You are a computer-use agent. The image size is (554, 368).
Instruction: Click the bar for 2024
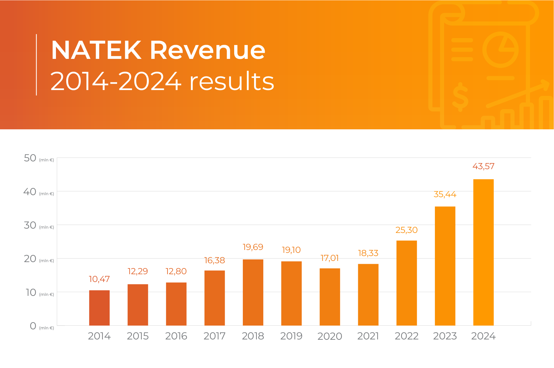[483, 252]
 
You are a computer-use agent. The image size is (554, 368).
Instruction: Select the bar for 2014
[99, 308]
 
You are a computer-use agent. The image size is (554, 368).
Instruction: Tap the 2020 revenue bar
[330, 297]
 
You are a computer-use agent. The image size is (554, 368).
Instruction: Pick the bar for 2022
[406, 283]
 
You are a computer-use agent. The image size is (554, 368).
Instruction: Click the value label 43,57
[483, 166]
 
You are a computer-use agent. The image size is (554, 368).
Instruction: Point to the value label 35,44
[445, 194]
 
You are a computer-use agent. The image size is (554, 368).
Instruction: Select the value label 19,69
[253, 247]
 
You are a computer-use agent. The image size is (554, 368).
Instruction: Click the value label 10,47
[99, 279]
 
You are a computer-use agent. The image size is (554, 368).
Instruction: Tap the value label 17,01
[330, 258]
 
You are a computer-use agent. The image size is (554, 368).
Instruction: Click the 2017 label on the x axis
[214, 336]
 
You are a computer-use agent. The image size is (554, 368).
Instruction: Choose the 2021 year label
[368, 336]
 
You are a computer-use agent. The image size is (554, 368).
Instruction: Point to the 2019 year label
[291, 336]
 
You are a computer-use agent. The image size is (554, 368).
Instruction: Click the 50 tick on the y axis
[30, 158]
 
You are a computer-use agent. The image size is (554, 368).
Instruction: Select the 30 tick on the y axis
[30, 225]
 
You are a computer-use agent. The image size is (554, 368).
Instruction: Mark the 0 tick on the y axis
[33, 326]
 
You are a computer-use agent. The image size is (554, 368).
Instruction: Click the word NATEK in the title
[96, 50]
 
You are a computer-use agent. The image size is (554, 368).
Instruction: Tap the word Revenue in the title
[207, 50]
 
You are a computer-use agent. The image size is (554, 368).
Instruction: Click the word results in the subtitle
[232, 81]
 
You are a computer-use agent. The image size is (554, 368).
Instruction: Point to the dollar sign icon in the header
[460, 97]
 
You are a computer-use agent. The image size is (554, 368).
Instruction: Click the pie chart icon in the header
[500, 50]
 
